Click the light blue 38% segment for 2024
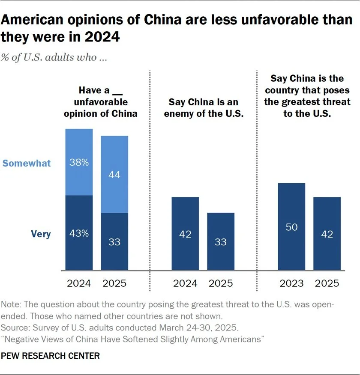point(79,162)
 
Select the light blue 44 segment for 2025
point(114,174)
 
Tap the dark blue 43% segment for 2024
point(79,233)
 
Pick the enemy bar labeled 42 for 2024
point(185,234)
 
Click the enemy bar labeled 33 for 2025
point(221,241)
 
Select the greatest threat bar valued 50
point(291,227)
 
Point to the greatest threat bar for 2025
point(327,234)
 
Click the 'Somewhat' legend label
point(27,163)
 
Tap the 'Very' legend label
point(41,234)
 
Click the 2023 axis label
point(291,283)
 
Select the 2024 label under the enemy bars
point(185,283)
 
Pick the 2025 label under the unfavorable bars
point(114,283)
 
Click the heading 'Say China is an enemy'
point(203,108)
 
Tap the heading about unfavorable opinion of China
point(101,102)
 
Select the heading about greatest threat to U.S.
point(307,96)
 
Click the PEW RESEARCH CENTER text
point(51,356)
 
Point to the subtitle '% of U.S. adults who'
point(54,57)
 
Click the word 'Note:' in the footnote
point(12,305)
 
